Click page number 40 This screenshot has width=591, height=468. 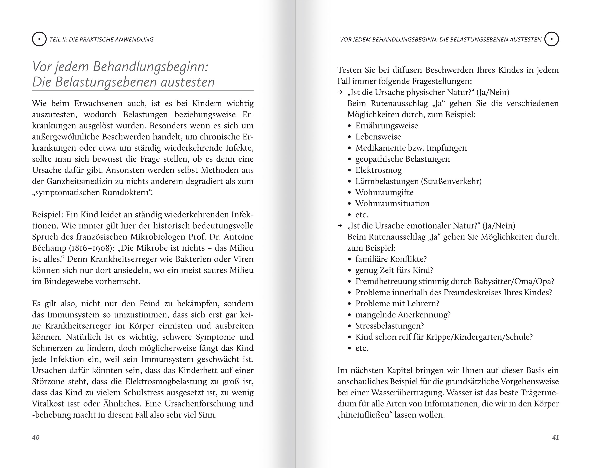pos(36,437)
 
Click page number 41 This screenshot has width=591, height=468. pos(555,437)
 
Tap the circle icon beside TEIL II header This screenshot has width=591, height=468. pos(39,39)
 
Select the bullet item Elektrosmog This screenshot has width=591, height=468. pos(378,170)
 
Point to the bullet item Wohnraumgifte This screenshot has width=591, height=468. pos(384,192)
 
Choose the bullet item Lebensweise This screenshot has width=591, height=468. pos(378,137)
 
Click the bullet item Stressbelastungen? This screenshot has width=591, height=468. pos(389,326)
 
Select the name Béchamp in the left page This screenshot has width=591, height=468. pos(49,248)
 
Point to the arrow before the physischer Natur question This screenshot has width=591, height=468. pos(340,92)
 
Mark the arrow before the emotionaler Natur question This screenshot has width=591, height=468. pos(340,226)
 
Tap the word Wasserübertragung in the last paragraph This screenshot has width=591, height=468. pos(407,393)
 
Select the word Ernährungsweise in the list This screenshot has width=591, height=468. pos(387,126)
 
